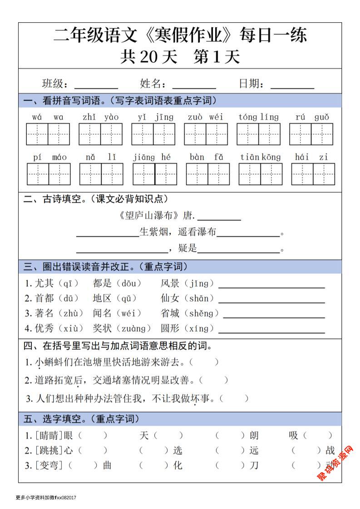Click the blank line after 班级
(96, 87)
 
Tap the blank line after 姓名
(194, 87)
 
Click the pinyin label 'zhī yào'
(100, 117)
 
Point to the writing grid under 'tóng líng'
(258, 134)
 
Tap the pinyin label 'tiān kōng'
(261, 157)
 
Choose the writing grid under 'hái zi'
(313, 174)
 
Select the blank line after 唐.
(219, 219)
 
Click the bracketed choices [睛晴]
(49, 436)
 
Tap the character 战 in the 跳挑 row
(330, 450)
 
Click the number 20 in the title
(148, 57)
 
